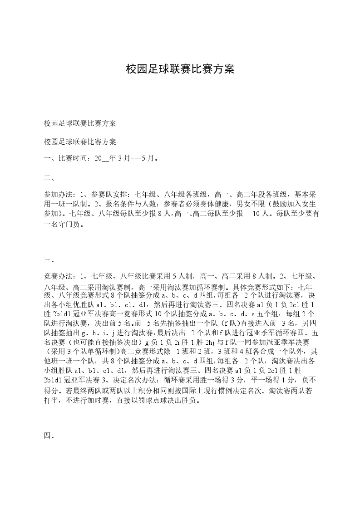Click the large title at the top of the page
[180, 69]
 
